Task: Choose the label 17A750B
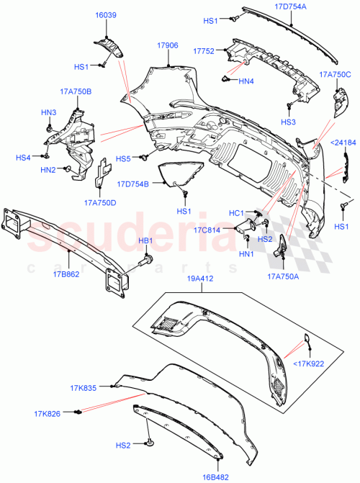(75, 91)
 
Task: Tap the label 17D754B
(133, 184)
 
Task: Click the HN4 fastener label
(247, 81)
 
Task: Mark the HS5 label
(123, 158)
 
